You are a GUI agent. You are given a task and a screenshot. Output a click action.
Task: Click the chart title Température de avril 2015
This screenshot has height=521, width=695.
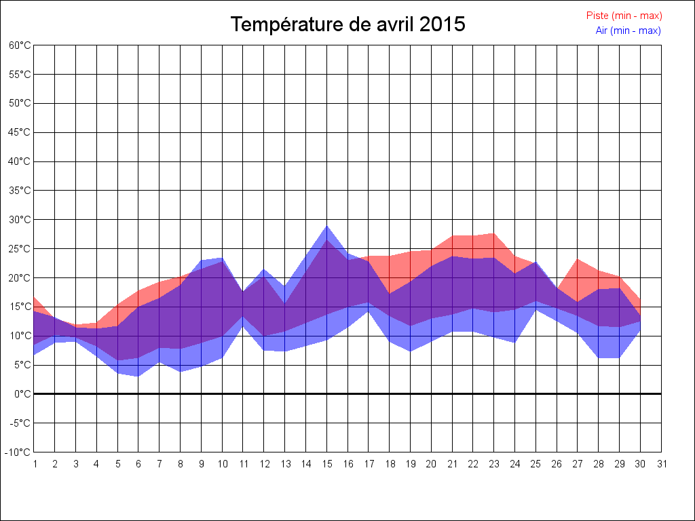(x=347, y=24)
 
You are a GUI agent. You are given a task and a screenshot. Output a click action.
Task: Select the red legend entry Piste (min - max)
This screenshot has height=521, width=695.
(x=624, y=16)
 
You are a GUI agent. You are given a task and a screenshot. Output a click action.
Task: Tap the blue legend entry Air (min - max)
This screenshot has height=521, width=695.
(x=628, y=31)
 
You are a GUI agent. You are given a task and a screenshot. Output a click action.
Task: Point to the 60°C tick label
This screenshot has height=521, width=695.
(x=20, y=45)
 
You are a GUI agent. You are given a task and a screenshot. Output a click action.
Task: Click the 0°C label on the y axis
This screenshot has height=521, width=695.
(x=22, y=394)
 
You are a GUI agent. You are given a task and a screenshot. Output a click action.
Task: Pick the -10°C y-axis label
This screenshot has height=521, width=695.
(x=18, y=452)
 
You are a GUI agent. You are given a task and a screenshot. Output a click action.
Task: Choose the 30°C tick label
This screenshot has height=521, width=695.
(x=20, y=220)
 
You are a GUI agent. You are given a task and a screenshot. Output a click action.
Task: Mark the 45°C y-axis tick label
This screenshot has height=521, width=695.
(x=20, y=132)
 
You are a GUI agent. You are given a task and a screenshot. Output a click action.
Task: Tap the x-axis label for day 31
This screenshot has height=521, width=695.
(x=662, y=464)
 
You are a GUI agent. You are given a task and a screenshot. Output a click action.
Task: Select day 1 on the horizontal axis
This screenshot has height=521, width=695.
(x=35, y=464)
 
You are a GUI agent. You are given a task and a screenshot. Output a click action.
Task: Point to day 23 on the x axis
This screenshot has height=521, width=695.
(x=494, y=464)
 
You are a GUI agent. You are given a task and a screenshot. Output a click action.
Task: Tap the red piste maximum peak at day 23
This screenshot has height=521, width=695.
(x=494, y=233)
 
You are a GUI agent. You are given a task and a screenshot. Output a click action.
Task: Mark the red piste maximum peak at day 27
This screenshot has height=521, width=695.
(x=578, y=259)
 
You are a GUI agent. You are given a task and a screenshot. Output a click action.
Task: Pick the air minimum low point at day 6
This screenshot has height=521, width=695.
(x=138, y=376)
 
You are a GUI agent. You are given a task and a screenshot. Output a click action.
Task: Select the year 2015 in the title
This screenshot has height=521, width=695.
(x=443, y=24)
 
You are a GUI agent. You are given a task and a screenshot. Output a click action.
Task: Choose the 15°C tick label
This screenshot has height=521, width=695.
(x=20, y=307)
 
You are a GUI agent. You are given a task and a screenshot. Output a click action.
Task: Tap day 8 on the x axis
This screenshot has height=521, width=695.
(x=181, y=464)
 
